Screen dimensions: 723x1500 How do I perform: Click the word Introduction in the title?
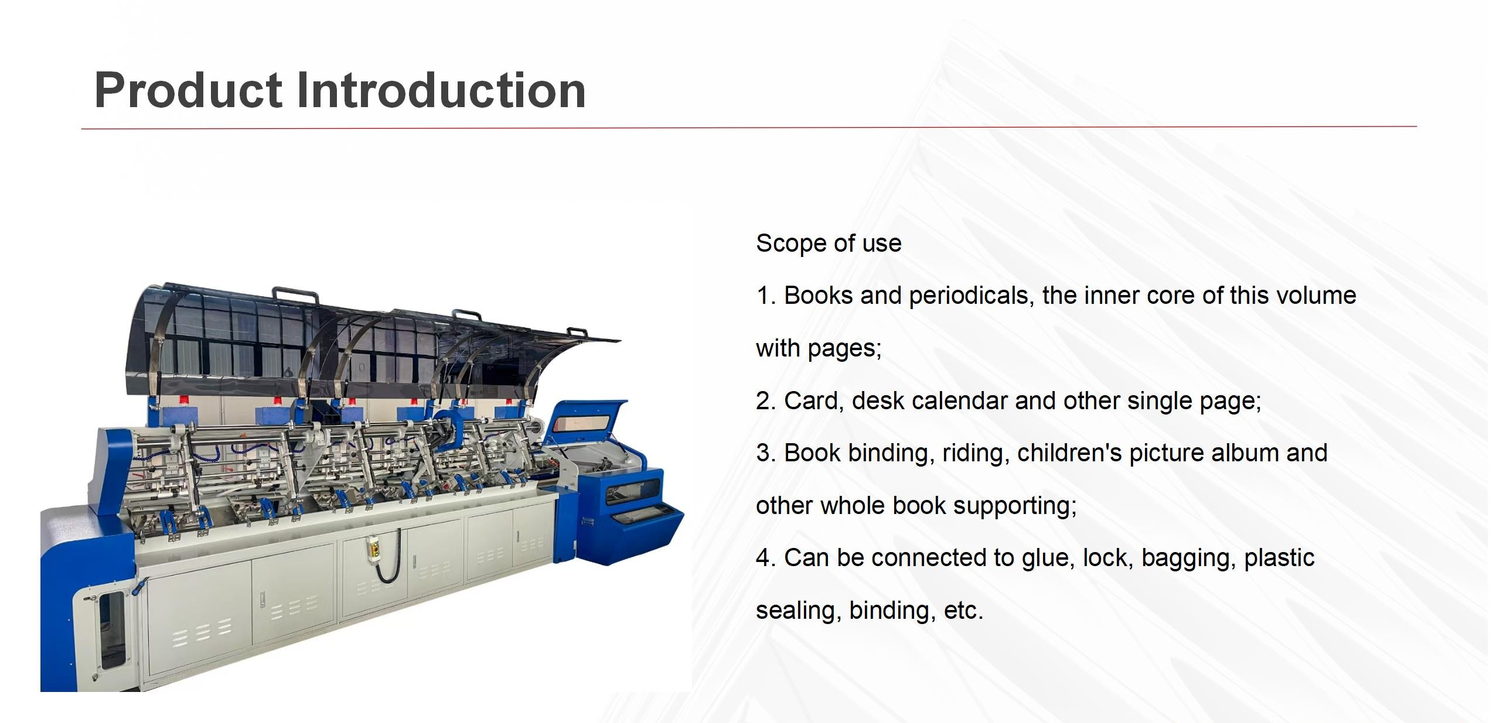point(441,91)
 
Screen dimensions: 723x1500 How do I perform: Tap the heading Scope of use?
point(829,244)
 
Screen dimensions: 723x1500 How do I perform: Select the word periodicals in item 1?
point(970,296)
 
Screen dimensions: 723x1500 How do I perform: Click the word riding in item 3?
point(976,453)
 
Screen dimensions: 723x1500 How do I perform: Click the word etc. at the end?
point(963,611)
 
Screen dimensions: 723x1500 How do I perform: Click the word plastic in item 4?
point(1279,558)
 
